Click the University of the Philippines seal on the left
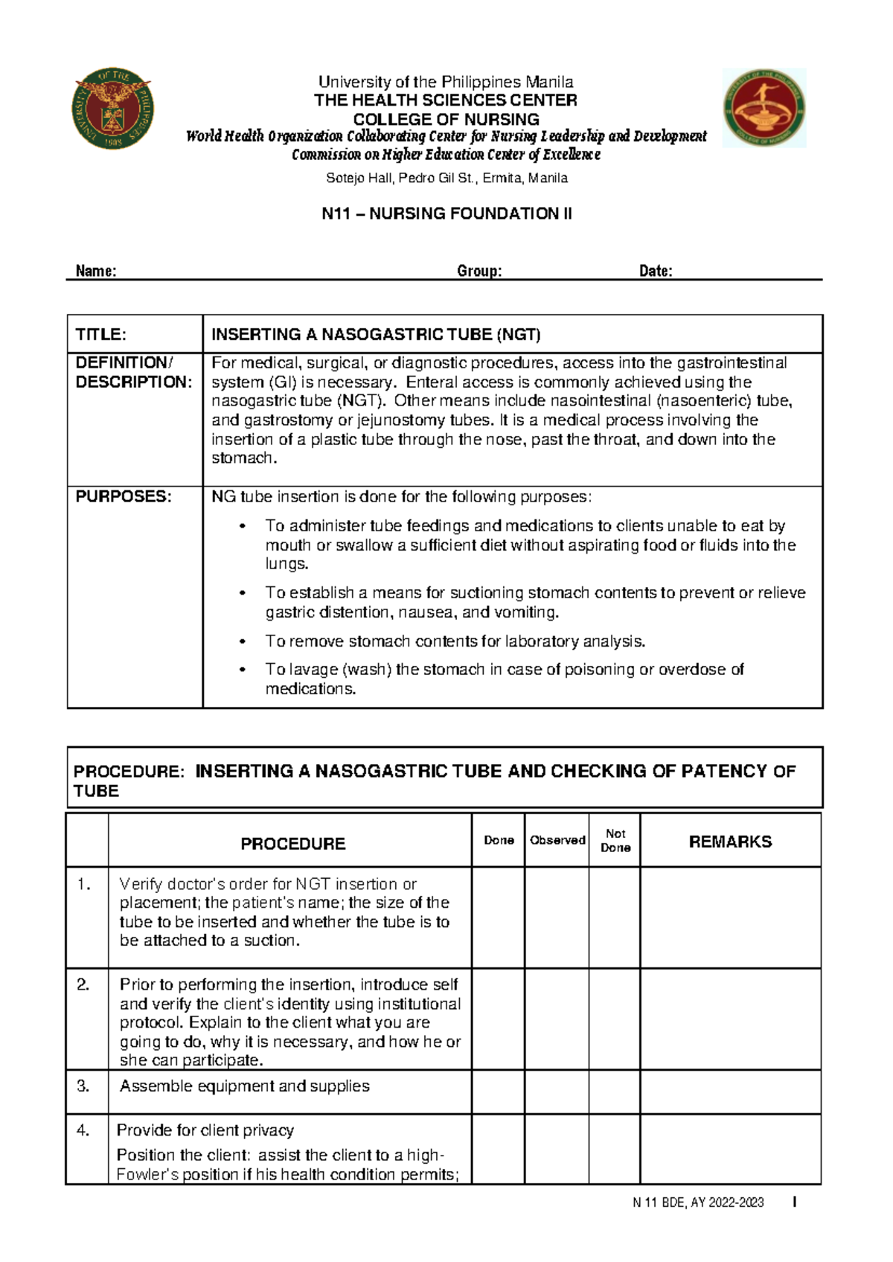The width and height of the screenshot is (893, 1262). [x=112, y=109]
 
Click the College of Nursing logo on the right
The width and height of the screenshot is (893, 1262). [x=764, y=108]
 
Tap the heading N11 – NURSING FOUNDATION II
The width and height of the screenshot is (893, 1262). [x=446, y=214]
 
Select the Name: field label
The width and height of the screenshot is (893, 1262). [x=96, y=271]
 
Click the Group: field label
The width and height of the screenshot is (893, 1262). [x=479, y=271]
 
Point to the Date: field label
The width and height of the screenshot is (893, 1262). [x=656, y=271]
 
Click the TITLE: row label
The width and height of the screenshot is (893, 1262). [x=101, y=334]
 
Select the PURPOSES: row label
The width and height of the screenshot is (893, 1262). [x=124, y=496]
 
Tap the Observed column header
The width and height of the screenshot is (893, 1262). [x=557, y=840]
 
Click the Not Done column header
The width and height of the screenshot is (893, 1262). [x=615, y=840]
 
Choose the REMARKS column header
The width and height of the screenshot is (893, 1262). [x=730, y=842]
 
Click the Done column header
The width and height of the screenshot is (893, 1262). [x=499, y=840]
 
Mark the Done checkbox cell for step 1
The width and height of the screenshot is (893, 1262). [x=499, y=917]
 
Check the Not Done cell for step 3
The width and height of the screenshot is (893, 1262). [x=615, y=1092]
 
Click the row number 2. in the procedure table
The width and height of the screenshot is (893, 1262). [x=83, y=984]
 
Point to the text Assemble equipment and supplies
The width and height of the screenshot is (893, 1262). [x=245, y=1086]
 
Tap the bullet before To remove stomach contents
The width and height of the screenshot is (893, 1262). [x=242, y=641]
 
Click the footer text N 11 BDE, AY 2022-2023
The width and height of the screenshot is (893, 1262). [x=698, y=1202]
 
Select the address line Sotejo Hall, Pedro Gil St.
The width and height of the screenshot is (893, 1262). [x=446, y=178]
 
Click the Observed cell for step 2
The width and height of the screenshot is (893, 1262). [x=557, y=1019]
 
